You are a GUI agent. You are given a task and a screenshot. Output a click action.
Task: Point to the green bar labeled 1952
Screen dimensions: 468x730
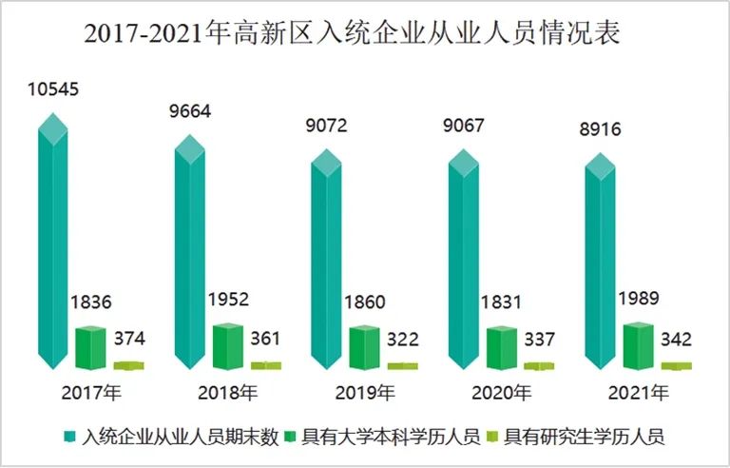(x=228, y=345)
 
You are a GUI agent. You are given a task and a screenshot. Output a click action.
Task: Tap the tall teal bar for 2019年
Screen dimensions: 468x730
(x=328, y=262)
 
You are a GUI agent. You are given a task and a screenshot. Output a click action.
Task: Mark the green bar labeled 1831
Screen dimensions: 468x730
(x=502, y=347)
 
